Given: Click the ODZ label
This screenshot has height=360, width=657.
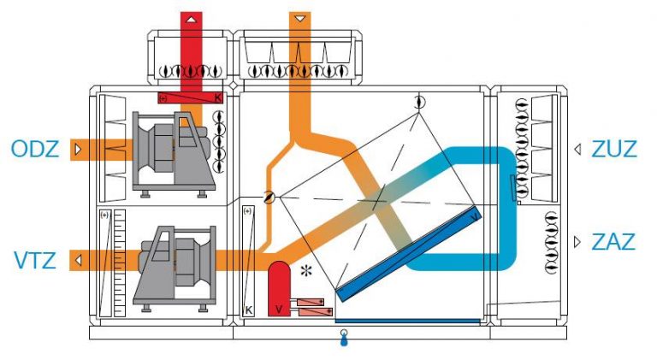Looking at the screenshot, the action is [35, 149].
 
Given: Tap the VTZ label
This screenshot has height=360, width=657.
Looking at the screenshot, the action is [35, 260].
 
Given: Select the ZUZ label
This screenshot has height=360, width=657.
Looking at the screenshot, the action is [614, 149].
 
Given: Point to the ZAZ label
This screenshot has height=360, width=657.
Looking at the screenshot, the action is [613, 242].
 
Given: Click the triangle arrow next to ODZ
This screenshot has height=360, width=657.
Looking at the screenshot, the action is [78, 150].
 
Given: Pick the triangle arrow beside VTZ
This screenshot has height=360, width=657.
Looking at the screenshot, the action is [78, 260].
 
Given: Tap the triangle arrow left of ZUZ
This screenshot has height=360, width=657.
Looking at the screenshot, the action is [577, 149].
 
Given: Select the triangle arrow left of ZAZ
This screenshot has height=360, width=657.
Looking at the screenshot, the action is [577, 242].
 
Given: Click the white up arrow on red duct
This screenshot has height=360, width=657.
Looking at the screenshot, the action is [191, 20].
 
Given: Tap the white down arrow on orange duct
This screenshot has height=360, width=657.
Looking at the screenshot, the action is [300, 19].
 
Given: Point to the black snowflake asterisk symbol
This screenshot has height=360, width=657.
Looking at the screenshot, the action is [307, 271].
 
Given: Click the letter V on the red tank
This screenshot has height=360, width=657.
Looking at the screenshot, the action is [279, 310].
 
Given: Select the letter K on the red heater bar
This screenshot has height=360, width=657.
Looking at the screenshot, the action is [218, 98].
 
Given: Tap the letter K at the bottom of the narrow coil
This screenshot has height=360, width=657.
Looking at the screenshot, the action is [248, 310].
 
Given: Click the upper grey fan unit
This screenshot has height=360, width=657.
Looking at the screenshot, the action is [174, 153].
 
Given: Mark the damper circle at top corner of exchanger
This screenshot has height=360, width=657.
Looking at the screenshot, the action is [419, 102].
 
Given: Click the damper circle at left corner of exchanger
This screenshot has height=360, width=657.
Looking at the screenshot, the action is [269, 197].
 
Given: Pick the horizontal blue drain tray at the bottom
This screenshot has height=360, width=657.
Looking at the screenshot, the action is [408, 321].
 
